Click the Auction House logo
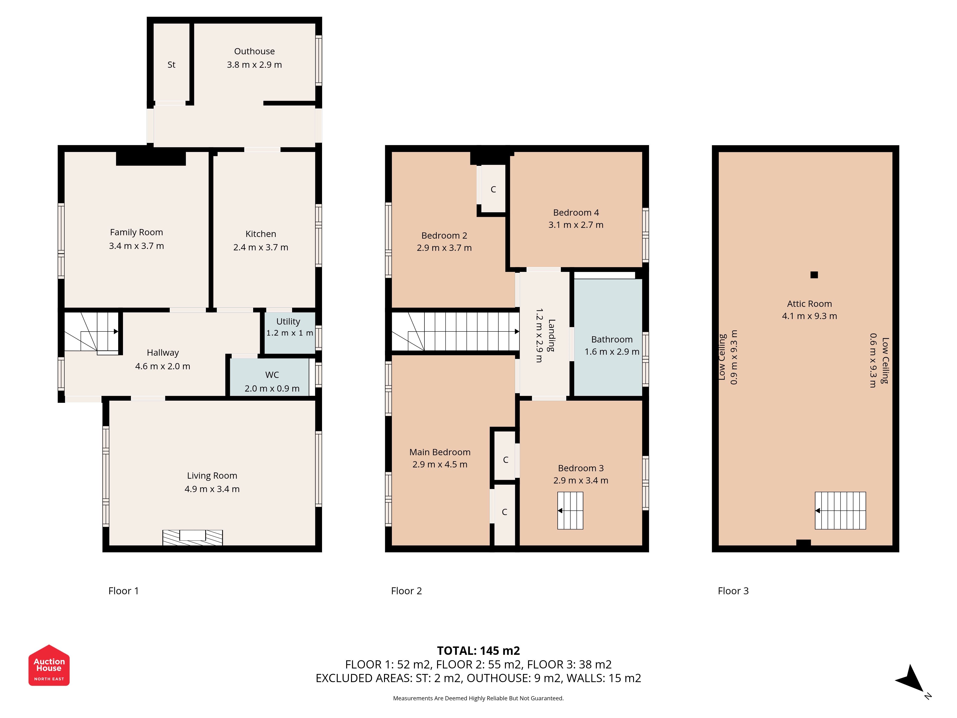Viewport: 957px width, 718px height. (x=49, y=665)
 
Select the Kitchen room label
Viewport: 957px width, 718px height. (x=261, y=234)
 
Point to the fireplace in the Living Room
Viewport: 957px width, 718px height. (x=193, y=538)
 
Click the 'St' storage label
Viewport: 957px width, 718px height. (x=171, y=64)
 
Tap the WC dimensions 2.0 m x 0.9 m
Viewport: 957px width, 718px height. (x=272, y=388)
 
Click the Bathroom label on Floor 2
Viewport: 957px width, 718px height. (x=612, y=339)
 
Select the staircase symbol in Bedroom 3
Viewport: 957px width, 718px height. (x=570, y=511)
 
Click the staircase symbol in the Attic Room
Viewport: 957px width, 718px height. (x=840, y=511)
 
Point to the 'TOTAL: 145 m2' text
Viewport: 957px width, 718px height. (x=478, y=651)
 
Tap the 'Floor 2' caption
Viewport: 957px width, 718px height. (x=406, y=591)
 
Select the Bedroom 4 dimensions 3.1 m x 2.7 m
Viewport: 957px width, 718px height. (x=576, y=225)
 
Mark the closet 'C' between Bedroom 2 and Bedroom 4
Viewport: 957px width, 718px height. (x=493, y=189)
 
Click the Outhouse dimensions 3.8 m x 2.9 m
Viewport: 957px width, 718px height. (x=254, y=64)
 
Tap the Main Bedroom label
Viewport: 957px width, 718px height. (x=440, y=452)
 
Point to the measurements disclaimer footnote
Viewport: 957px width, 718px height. (x=478, y=698)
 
